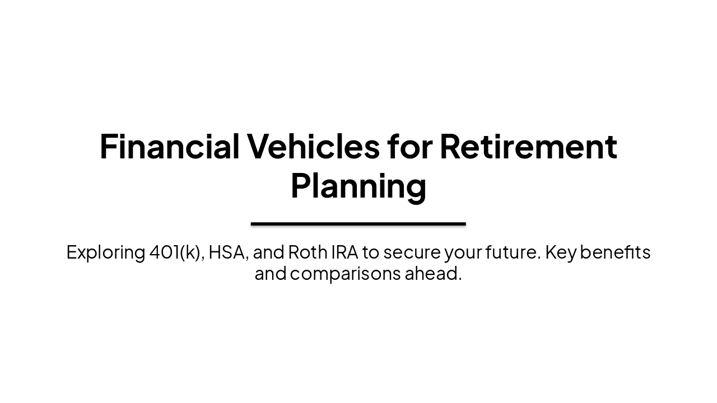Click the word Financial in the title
(x=169, y=147)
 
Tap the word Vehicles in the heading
(x=313, y=147)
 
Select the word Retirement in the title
(x=528, y=147)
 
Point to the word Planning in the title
(x=358, y=186)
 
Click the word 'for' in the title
(x=409, y=147)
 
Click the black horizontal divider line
(x=358, y=224)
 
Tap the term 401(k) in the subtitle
(x=176, y=252)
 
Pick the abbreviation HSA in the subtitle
(x=227, y=252)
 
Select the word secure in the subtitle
(x=412, y=252)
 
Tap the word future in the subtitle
(x=511, y=252)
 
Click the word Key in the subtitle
(x=561, y=252)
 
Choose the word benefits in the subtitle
(x=615, y=252)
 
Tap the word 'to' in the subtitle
(x=370, y=252)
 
